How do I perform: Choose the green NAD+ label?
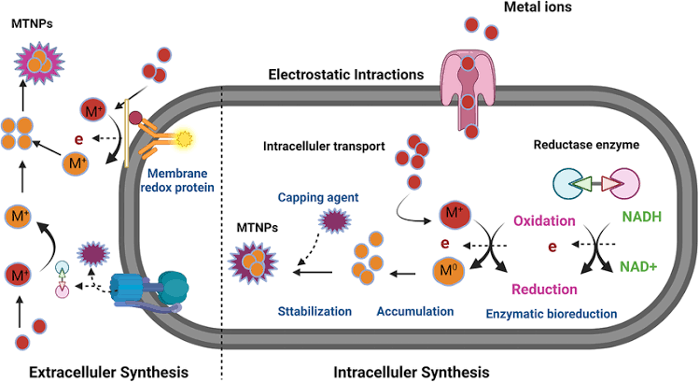coord(645,265)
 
